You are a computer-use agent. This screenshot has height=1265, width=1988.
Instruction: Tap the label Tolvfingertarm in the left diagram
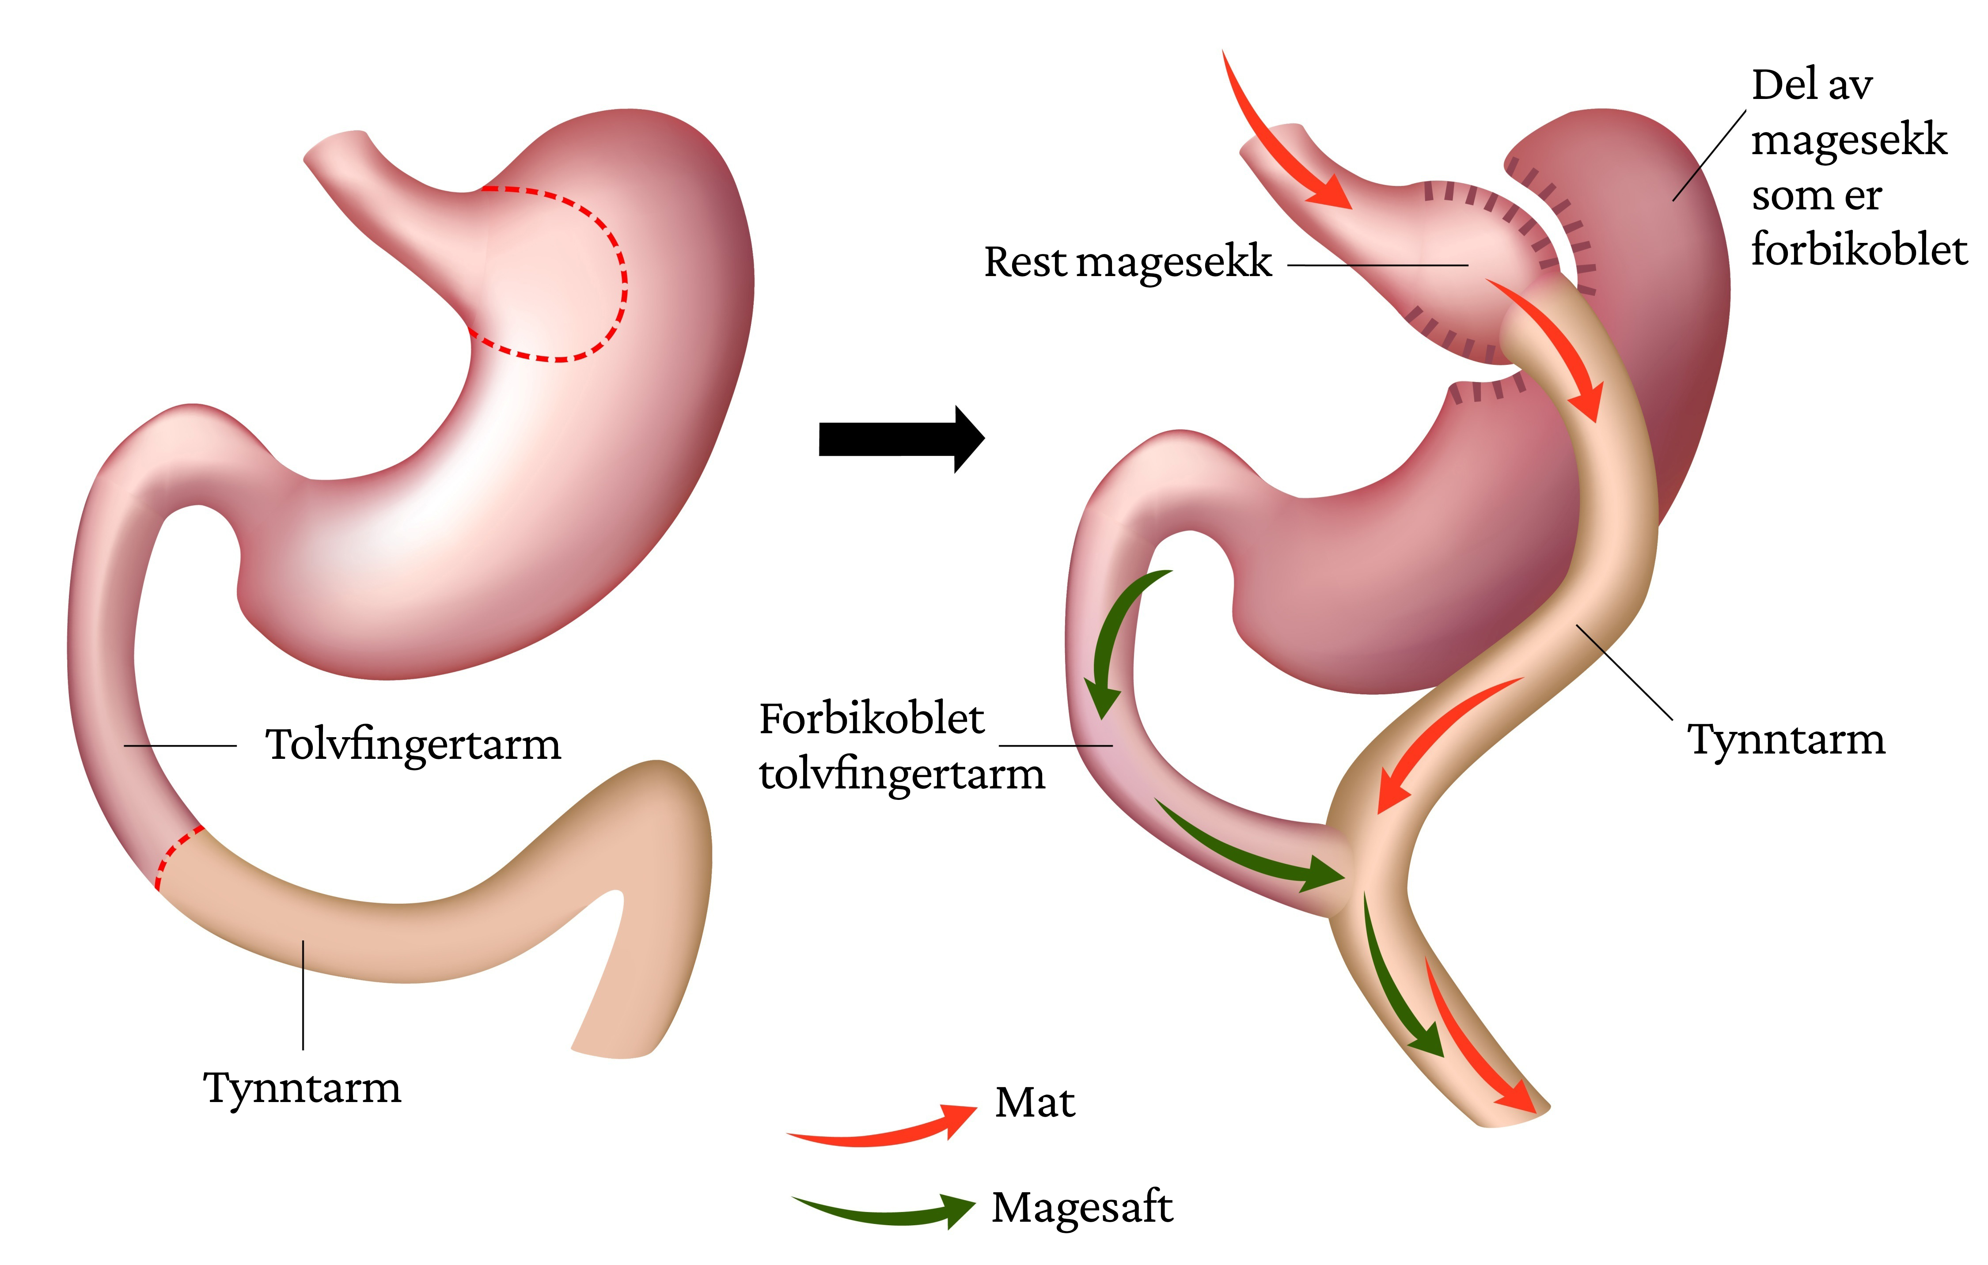(x=413, y=745)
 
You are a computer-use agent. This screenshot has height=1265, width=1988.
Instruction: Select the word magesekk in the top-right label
(x=1849, y=140)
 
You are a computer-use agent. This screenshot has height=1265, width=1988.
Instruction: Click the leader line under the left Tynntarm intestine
(x=303, y=994)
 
